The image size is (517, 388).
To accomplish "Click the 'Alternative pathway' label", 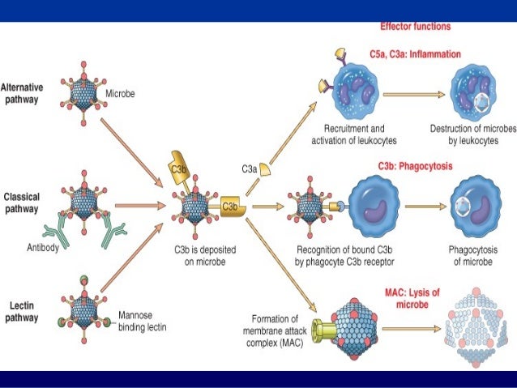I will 23,92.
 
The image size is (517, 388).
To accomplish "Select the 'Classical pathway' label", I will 23,203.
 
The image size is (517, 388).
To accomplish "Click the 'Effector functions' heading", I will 416,26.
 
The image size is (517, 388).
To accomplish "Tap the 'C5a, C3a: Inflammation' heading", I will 421,54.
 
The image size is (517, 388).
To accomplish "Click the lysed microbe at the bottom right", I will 476,328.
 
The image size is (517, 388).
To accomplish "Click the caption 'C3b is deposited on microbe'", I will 199,256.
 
